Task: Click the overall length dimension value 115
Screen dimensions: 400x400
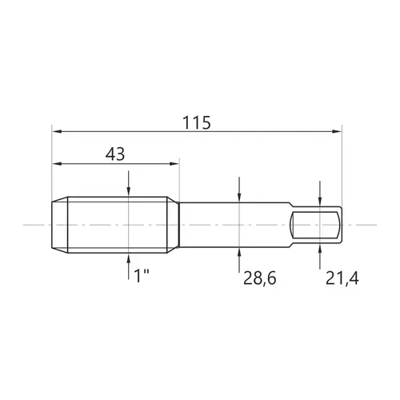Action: click(196, 122)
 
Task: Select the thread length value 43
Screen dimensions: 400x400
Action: click(115, 154)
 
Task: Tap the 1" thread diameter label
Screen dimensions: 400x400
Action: click(142, 276)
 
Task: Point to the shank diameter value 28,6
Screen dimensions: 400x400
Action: click(259, 279)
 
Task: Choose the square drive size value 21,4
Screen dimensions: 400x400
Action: click(342, 279)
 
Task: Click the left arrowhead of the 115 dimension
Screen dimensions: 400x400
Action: click(57, 131)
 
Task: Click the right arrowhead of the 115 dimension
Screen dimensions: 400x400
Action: click(337, 131)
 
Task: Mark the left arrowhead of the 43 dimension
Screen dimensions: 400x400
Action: click(57, 163)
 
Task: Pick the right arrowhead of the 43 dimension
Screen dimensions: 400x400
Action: click(174, 163)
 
